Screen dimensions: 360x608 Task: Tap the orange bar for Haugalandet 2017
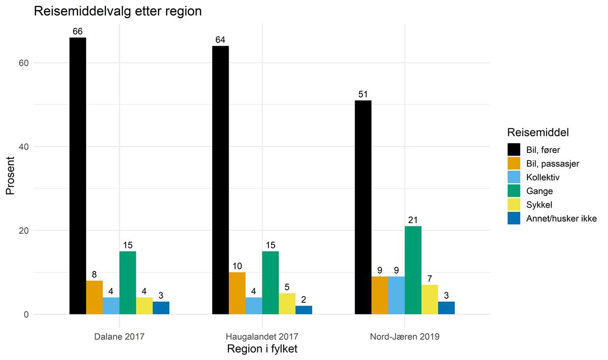pyautogui.click(x=237, y=293)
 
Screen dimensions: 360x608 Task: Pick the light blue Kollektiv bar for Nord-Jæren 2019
pyautogui.click(x=396, y=295)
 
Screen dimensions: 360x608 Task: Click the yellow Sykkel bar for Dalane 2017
pyautogui.click(x=144, y=306)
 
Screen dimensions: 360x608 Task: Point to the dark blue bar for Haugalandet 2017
pyautogui.click(x=304, y=310)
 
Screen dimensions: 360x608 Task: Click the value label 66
pyautogui.click(x=78, y=31)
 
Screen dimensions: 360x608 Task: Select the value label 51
pyautogui.click(x=363, y=94)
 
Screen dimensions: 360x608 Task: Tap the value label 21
pyautogui.click(x=413, y=220)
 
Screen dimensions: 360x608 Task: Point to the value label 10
pyautogui.click(x=237, y=266)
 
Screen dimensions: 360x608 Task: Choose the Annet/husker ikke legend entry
pyautogui.click(x=561, y=219)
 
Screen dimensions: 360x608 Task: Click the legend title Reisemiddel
pyautogui.click(x=538, y=133)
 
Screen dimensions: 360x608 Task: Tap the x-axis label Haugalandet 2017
pyautogui.click(x=262, y=336)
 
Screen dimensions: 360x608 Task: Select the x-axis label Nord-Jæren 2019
pyautogui.click(x=405, y=336)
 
